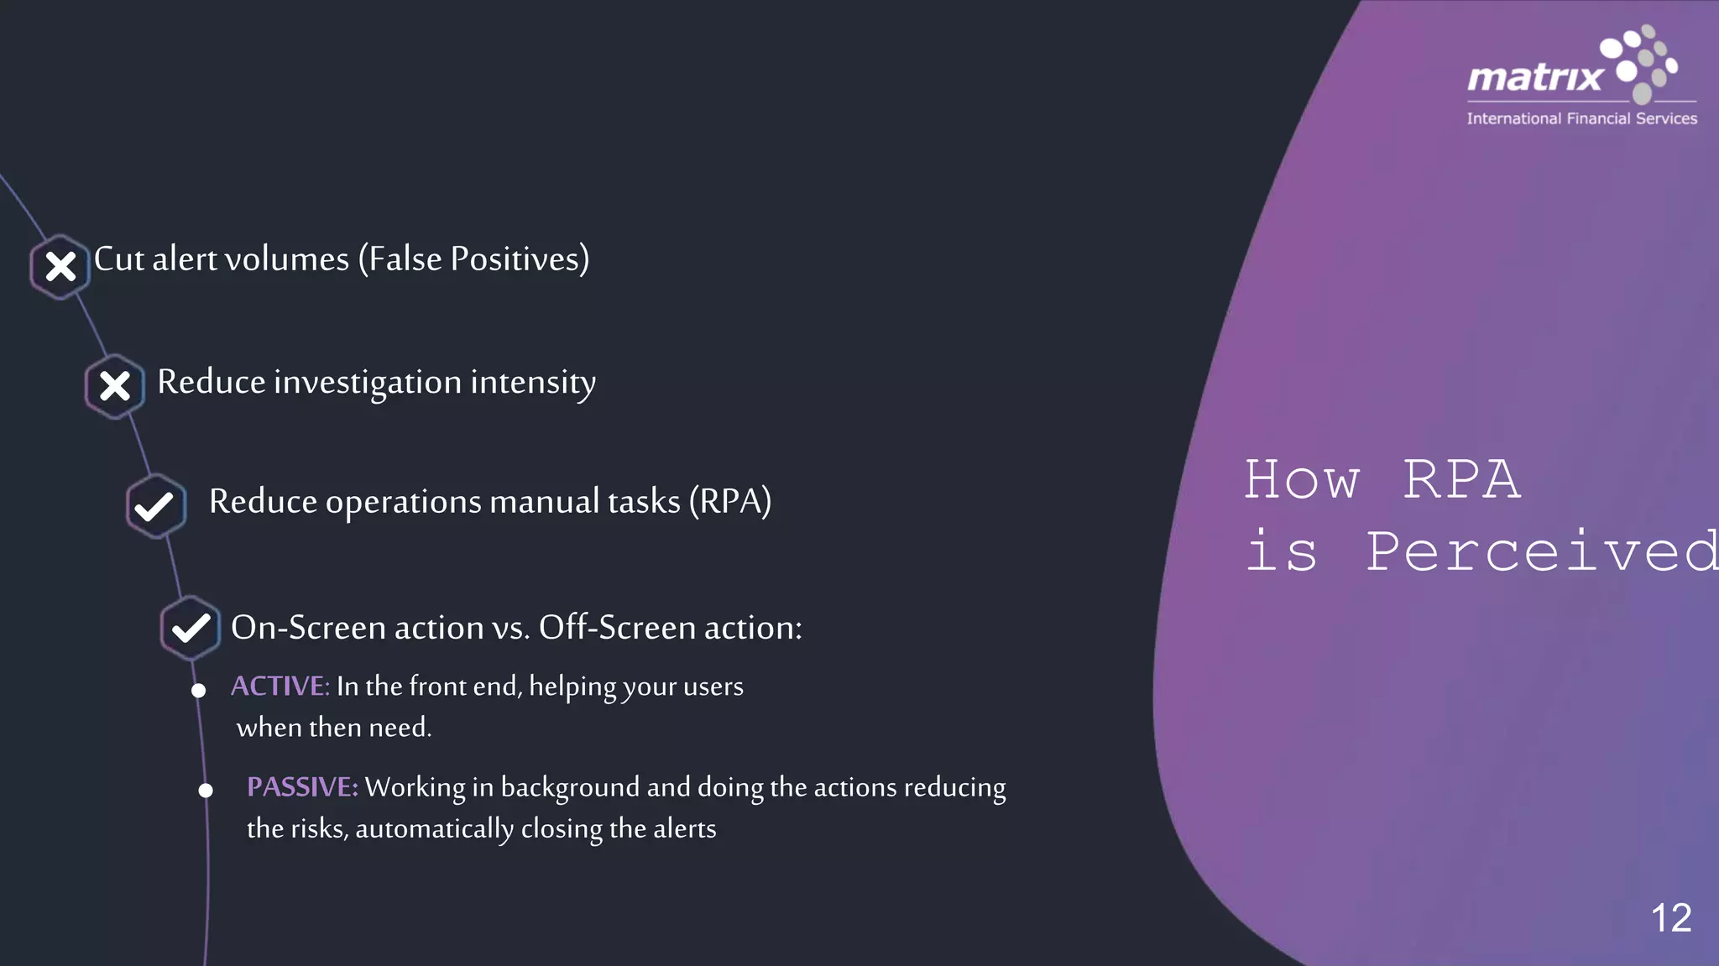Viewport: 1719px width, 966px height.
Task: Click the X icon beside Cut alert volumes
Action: pyautogui.click(x=60, y=267)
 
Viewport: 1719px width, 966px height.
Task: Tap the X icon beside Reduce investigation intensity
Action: pyautogui.click(x=115, y=386)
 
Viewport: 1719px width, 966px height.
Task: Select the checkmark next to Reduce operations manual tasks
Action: pyautogui.click(x=154, y=506)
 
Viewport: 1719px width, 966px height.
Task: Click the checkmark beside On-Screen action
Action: pyautogui.click(x=191, y=628)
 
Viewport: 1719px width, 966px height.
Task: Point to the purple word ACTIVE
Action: pyautogui.click(x=280, y=687)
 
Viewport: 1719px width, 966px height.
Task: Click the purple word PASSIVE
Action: pyautogui.click(x=302, y=787)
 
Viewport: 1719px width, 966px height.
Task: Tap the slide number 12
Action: pyautogui.click(x=1670, y=917)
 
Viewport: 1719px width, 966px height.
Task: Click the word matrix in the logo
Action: pyautogui.click(x=1534, y=78)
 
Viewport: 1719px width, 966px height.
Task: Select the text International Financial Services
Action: pyautogui.click(x=1581, y=119)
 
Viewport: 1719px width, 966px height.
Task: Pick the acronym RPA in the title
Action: pyautogui.click(x=1461, y=480)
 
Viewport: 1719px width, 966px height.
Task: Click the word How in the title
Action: pyautogui.click(x=1301, y=480)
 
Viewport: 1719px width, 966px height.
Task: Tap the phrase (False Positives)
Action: pyautogui.click(x=474, y=259)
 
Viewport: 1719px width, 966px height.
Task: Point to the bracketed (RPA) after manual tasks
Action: pyautogui.click(x=729, y=502)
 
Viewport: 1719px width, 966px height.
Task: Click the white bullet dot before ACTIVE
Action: pyautogui.click(x=199, y=691)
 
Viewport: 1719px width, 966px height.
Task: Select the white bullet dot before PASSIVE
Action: pyautogui.click(x=206, y=791)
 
